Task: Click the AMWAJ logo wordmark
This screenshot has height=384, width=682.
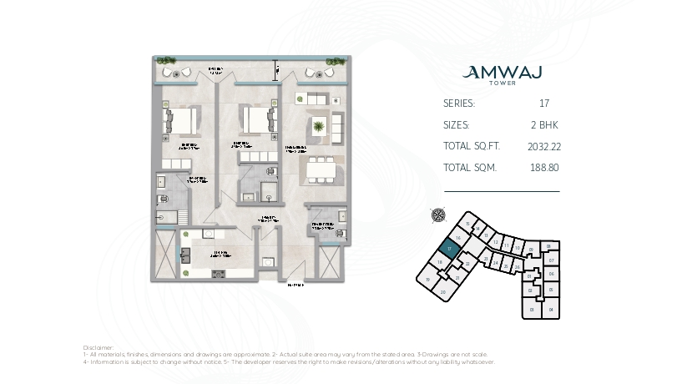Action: [x=502, y=73]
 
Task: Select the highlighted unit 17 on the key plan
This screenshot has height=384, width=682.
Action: [x=449, y=248]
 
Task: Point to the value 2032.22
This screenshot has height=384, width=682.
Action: [x=543, y=146]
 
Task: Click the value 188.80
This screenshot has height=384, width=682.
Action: [x=543, y=167]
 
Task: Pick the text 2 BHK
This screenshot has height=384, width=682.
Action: [x=543, y=125]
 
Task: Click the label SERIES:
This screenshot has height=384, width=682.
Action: [x=459, y=104]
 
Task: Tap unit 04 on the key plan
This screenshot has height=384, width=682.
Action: [x=551, y=310]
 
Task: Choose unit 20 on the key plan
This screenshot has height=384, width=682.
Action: [x=443, y=291]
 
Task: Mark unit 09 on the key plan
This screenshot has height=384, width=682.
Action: [x=531, y=249]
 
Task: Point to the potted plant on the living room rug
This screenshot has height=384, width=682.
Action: [x=319, y=127]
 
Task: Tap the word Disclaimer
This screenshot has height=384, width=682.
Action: [x=99, y=346]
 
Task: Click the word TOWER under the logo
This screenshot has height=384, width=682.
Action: [x=502, y=83]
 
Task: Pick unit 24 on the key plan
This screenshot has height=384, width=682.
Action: [x=496, y=263]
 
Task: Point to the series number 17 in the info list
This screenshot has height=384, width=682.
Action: [x=543, y=104]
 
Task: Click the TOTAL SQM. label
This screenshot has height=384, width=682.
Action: [x=470, y=167]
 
